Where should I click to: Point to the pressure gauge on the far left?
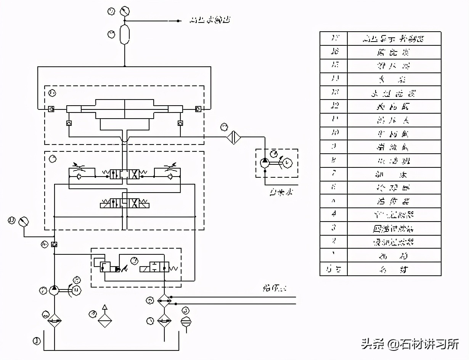coord(24,221)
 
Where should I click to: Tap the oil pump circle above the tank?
coord(54,290)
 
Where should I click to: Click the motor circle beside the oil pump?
coord(76,290)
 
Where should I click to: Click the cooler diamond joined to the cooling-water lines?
coord(164,301)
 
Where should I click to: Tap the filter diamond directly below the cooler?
coord(164,321)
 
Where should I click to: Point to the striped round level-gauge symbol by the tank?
coord(186,321)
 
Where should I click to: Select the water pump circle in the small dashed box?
coord(265,163)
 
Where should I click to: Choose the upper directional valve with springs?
coord(124,175)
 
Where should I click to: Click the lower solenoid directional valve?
coord(124,203)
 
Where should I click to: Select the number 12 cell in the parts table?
coord(334,106)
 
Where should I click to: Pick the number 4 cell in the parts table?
coord(334,215)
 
